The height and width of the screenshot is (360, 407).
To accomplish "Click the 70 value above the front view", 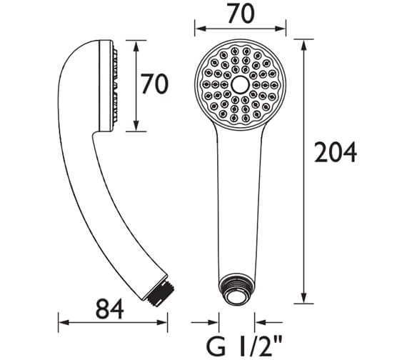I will (x=240, y=14).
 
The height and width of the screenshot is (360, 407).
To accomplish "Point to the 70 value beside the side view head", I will (x=154, y=85).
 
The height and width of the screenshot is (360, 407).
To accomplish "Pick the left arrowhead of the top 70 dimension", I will (x=199, y=29).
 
